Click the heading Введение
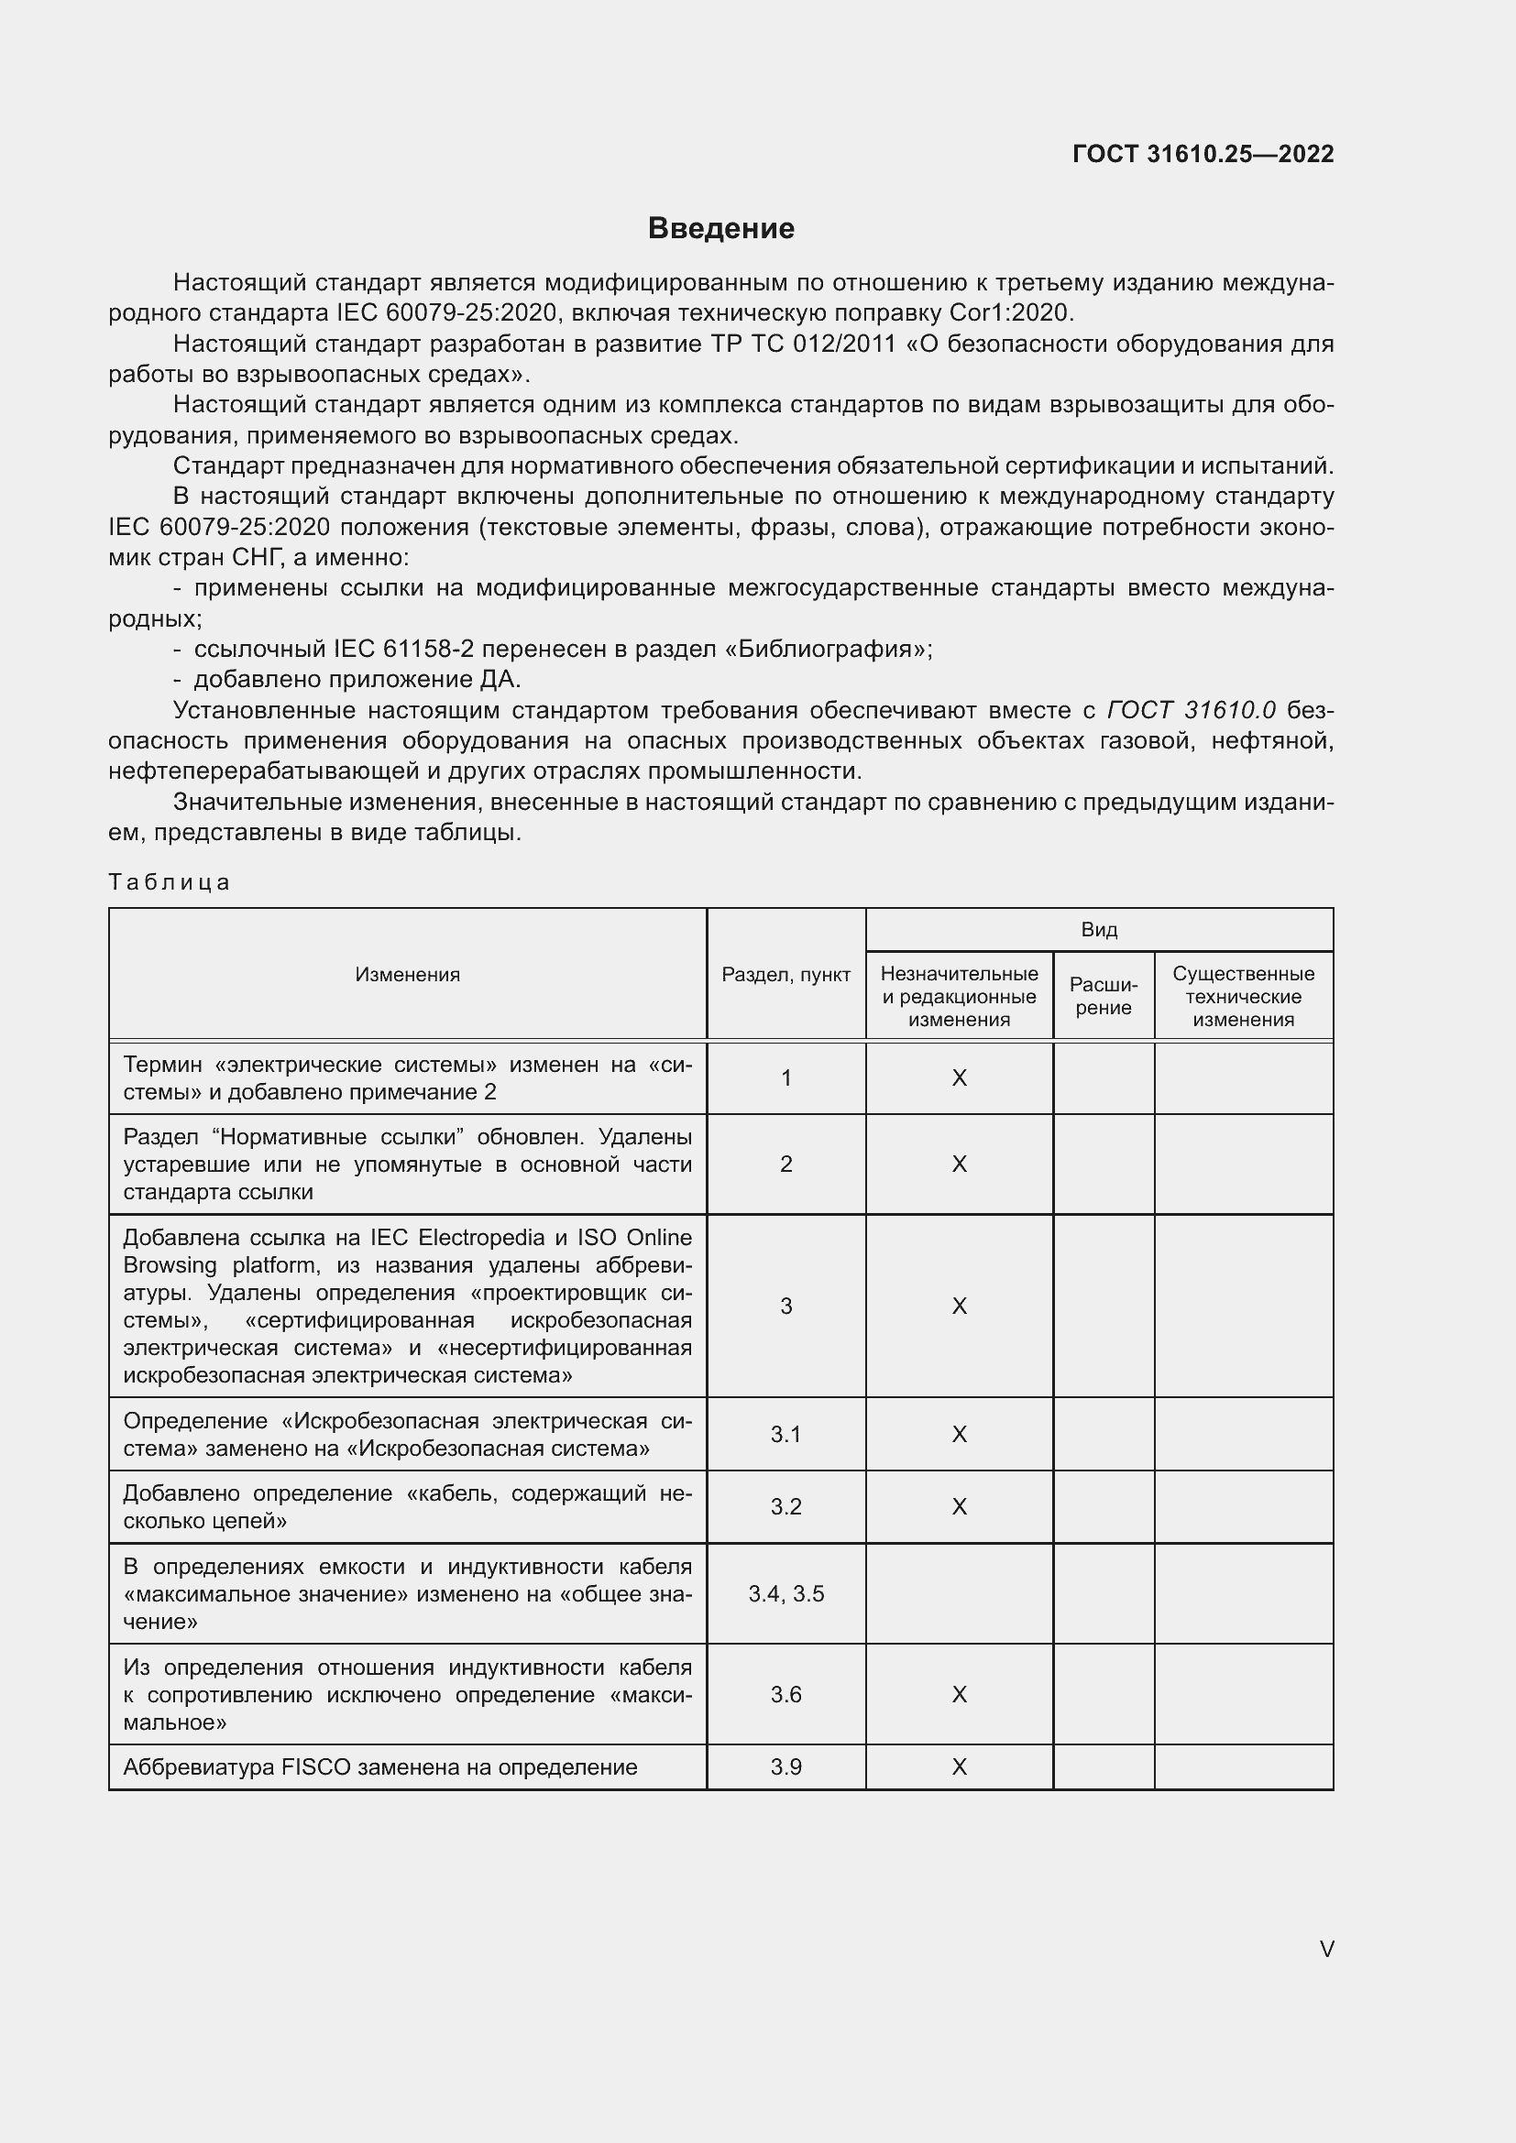pos(720,229)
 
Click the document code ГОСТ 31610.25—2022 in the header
pos(1203,154)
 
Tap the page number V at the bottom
pos(1326,1949)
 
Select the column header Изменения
pos(407,975)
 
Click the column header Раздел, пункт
pos(786,975)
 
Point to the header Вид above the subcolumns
pos(1099,930)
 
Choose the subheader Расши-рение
pos(1104,996)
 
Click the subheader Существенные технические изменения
pos(1244,996)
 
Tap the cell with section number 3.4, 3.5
pos(786,1593)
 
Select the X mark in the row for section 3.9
pos(959,1766)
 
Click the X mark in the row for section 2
pos(959,1164)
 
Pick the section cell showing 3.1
pos(786,1434)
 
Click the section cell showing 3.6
pos(786,1694)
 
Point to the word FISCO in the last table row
pos(315,1766)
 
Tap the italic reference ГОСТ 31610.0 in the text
pos(1191,710)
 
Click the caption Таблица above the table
pos(169,882)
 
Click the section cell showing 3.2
pos(786,1506)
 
